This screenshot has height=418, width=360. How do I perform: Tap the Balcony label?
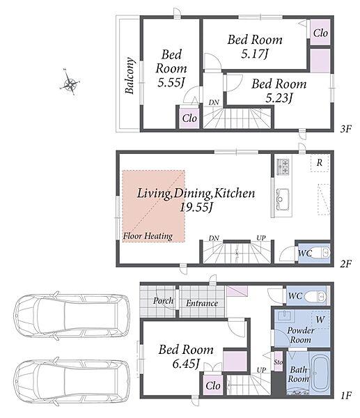[130, 75]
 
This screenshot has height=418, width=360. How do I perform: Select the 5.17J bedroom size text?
[254, 54]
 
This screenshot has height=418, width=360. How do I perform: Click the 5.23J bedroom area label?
[279, 98]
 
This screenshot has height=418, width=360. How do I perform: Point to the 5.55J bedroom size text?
[171, 83]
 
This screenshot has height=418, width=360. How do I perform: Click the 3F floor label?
[345, 129]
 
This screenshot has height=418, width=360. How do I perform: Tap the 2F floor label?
[345, 263]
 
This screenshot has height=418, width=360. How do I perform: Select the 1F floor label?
[346, 395]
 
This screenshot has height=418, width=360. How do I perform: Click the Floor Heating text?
[148, 236]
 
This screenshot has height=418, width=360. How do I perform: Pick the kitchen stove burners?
[283, 167]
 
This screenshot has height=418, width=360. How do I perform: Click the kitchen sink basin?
[283, 196]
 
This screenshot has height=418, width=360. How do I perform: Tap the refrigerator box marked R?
[320, 163]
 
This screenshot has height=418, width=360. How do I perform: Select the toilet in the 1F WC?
[315, 296]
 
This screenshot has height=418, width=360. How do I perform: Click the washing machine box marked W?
[320, 320]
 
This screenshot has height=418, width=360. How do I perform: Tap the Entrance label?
[202, 303]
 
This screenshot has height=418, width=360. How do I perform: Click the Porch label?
[164, 301]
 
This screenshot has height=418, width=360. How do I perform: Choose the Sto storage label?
[279, 362]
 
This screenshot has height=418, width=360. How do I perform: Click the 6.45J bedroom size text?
[186, 364]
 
